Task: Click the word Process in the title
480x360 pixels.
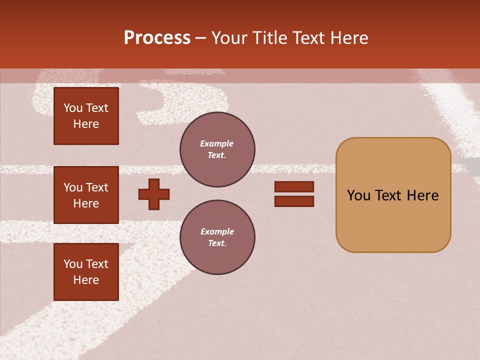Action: [157, 38]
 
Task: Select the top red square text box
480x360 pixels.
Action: [86, 116]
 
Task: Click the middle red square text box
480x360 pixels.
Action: [86, 195]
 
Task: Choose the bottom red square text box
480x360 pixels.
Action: [86, 272]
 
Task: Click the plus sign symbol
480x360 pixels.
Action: [154, 194]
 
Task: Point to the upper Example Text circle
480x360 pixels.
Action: [217, 149]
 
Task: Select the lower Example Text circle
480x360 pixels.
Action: [217, 237]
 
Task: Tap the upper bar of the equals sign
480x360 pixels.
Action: [294, 186]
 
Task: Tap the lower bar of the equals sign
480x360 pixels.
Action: [294, 201]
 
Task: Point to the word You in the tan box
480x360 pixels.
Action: [358, 195]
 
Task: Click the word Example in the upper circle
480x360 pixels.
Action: [217, 143]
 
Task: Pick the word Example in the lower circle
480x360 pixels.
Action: [217, 231]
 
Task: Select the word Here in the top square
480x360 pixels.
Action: [86, 124]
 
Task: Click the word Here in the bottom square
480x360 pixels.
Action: [86, 280]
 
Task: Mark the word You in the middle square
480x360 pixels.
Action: [73, 187]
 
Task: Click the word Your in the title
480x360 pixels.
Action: [229, 38]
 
